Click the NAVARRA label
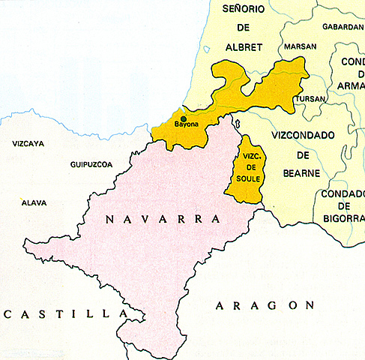(163, 219)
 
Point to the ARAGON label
(263, 304)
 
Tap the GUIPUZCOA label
(91, 163)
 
